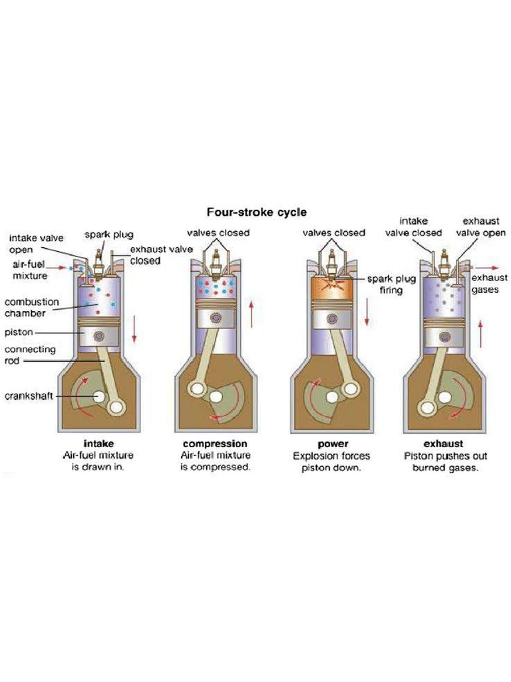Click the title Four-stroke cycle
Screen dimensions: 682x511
[x=256, y=212]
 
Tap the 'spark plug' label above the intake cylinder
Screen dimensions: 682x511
[x=109, y=234]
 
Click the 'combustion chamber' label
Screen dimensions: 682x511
[x=31, y=307]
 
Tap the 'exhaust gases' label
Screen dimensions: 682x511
[x=489, y=284]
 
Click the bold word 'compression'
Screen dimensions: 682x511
[x=215, y=444]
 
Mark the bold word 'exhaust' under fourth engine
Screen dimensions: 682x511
[x=443, y=444]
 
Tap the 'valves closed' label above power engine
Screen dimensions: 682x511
[x=333, y=233]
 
